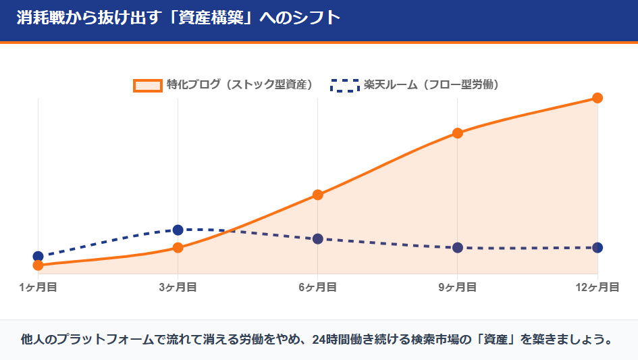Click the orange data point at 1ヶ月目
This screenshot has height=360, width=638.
click(38, 265)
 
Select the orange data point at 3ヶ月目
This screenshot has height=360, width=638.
click(178, 247)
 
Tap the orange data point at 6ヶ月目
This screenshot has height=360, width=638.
click(318, 195)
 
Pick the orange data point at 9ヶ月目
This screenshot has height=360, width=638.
click(458, 133)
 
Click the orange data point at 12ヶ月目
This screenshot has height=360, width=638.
click(597, 98)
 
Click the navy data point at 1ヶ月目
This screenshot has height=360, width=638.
click(38, 256)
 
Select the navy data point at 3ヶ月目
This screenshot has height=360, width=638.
click(178, 230)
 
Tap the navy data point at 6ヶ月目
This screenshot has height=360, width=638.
click(318, 238)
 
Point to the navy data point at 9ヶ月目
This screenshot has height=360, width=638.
click(458, 247)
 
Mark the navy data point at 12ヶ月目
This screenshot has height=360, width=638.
click(597, 247)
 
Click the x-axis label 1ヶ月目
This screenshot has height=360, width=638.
click(38, 287)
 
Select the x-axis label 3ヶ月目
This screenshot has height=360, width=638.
click(178, 287)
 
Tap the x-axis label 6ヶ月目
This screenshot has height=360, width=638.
click(318, 287)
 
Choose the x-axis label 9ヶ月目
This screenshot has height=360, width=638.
click(458, 287)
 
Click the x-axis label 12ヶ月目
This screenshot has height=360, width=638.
click(597, 287)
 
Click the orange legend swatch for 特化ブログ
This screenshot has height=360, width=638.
click(148, 85)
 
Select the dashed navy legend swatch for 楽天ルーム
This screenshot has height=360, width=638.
click(344, 85)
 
